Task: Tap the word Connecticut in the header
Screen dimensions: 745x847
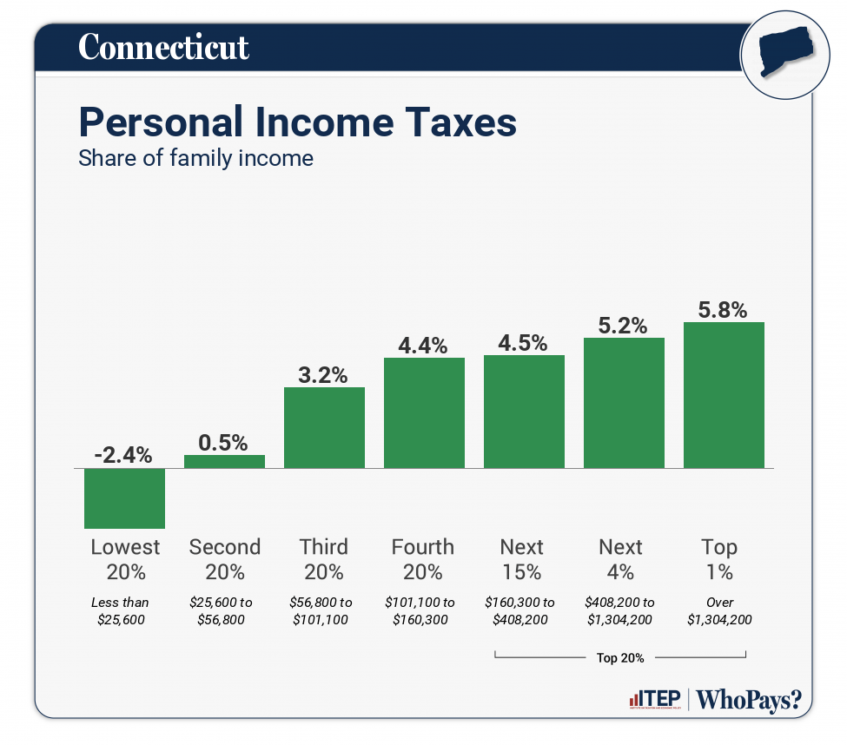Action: [x=163, y=47]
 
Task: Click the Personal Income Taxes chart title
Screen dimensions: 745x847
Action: [x=297, y=122]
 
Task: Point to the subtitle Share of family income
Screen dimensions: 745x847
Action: [x=195, y=159]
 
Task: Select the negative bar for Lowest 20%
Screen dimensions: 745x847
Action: [x=124, y=498]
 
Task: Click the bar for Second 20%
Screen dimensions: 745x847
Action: [x=224, y=462]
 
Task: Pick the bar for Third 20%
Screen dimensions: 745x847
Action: [x=324, y=427]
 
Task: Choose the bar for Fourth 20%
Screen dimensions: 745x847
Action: [x=424, y=412]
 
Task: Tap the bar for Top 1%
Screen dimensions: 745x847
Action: [x=724, y=395]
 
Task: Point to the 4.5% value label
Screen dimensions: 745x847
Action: [x=523, y=342]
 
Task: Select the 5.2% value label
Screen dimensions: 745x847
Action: [x=623, y=326]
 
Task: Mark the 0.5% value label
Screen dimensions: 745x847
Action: [x=224, y=442]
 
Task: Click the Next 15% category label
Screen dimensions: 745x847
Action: [x=521, y=559]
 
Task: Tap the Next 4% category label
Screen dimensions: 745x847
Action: [x=620, y=559]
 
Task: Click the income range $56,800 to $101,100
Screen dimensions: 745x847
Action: [x=322, y=610]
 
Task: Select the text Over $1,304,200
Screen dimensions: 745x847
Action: [x=720, y=610]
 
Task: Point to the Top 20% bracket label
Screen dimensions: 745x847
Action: [x=620, y=657]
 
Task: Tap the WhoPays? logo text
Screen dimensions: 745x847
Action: [x=749, y=700]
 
